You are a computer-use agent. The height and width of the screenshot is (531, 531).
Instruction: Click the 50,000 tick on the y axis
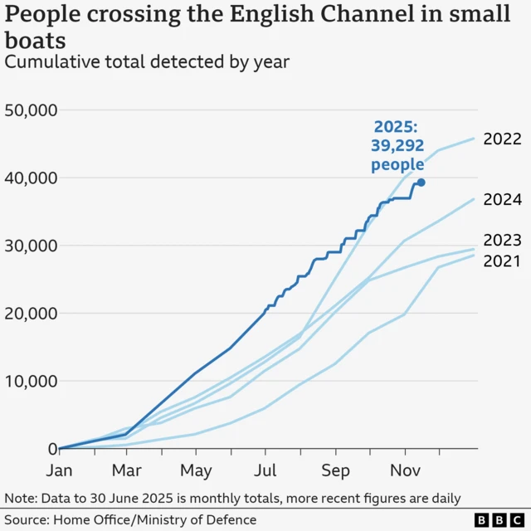point(30,110)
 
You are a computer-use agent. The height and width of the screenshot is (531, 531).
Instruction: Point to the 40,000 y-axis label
point(30,178)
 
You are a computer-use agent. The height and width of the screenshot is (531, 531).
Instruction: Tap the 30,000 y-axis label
point(30,246)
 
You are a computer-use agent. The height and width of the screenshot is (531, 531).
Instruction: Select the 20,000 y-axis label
point(30,314)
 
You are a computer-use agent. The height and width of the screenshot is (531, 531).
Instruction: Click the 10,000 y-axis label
point(30,382)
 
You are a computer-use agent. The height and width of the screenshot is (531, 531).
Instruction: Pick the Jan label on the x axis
point(58,470)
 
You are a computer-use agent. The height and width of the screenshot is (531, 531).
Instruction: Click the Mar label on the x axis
point(126,470)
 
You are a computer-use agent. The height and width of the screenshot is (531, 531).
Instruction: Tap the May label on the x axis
point(196,470)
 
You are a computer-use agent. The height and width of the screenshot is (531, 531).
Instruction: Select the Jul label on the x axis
point(265,470)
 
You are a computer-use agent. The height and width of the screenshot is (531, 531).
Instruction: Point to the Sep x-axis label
point(335,470)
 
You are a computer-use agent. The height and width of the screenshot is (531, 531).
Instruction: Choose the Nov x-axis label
point(405,470)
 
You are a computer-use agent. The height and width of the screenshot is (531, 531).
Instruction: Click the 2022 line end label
point(502,139)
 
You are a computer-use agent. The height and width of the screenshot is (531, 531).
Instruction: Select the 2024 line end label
point(502,199)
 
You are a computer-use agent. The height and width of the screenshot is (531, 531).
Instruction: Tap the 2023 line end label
point(502,241)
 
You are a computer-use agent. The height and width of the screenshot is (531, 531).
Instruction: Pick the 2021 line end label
point(502,261)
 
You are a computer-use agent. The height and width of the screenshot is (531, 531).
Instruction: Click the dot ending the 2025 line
point(421,183)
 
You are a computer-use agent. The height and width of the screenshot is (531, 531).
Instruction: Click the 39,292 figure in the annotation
point(397,146)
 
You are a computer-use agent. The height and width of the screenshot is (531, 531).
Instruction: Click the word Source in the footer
point(27,519)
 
